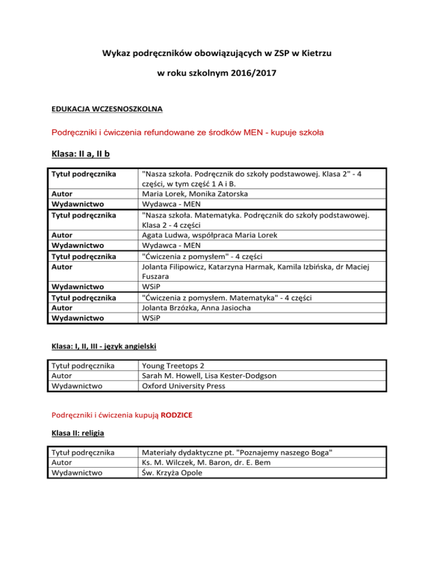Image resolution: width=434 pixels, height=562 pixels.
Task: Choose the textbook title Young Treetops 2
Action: pyautogui.click(x=179, y=366)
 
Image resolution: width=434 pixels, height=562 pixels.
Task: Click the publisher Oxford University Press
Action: pyautogui.click(x=192, y=386)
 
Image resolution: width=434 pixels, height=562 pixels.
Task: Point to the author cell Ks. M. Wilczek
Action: pyautogui.click(x=169, y=462)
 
